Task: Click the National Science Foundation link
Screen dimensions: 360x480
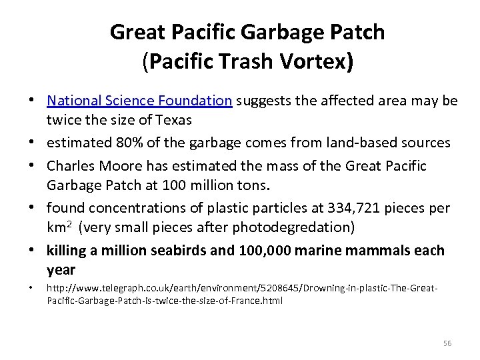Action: tap(139, 101)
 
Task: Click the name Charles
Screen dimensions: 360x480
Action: tap(71, 165)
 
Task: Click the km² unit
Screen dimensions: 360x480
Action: tap(59, 227)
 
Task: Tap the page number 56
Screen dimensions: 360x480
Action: tap(447, 343)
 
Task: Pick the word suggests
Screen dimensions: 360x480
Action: tap(261, 101)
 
